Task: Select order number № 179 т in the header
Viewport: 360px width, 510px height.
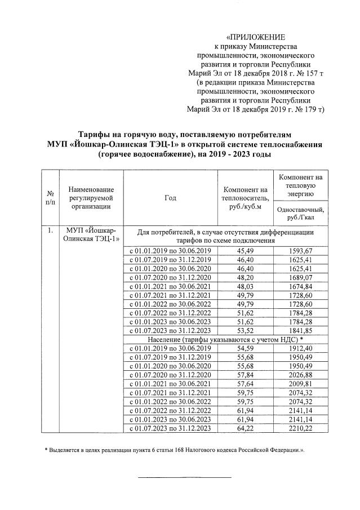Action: (305, 109)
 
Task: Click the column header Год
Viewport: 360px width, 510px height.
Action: (170, 197)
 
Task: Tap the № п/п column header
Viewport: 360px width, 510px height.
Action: (50, 197)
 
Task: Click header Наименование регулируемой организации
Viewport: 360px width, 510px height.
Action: (91, 197)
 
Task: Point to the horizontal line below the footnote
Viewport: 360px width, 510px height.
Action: (184, 477)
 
